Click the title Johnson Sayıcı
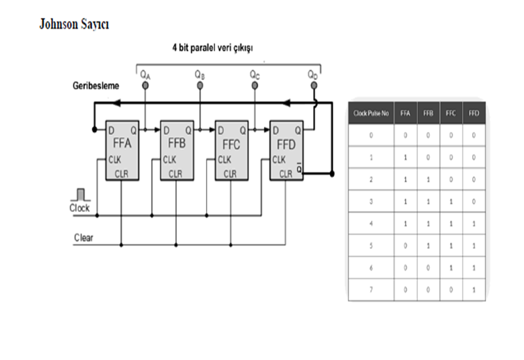[74, 25]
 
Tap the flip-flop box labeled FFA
[123, 150]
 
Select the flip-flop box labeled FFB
[178, 150]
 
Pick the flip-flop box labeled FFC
[232, 150]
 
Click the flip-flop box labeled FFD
[286, 150]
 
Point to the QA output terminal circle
[145, 86]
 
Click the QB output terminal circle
[200, 86]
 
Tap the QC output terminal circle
[254, 86]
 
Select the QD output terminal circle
[313, 86]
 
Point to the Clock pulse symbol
[80, 195]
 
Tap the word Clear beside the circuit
[83, 237]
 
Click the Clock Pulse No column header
[370, 113]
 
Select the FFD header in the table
[473, 113]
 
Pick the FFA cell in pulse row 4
[405, 224]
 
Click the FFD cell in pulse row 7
[473, 290]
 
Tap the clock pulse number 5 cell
[370, 246]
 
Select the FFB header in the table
[428, 113]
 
